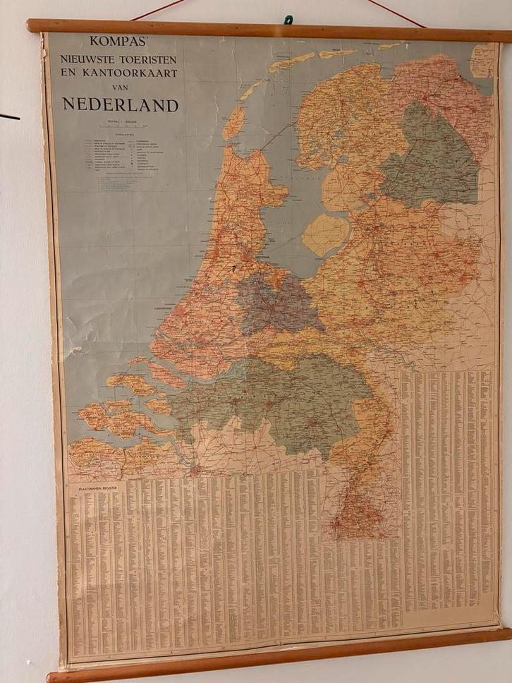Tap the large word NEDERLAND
coord(121,105)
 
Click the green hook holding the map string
coord(288,20)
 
